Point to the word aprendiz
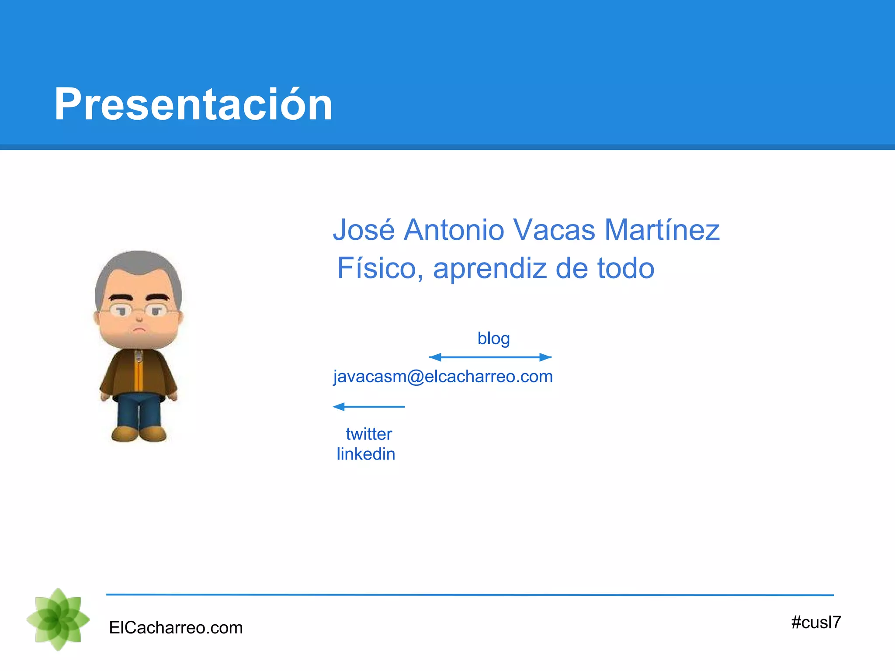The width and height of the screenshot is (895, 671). click(489, 268)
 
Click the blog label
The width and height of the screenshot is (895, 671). click(493, 338)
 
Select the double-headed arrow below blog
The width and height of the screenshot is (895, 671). click(490, 357)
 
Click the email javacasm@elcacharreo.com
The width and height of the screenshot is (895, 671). click(443, 377)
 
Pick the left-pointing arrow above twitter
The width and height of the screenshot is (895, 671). click(368, 407)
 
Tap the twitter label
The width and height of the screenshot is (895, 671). click(369, 434)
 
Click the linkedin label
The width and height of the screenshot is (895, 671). click(366, 454)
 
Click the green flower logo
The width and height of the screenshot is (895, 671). click(58, 619)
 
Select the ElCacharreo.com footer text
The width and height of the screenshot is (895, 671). click(176, 628)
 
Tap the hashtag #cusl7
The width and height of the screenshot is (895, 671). click(815, 622)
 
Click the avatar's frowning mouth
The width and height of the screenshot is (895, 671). click(139, 329)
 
